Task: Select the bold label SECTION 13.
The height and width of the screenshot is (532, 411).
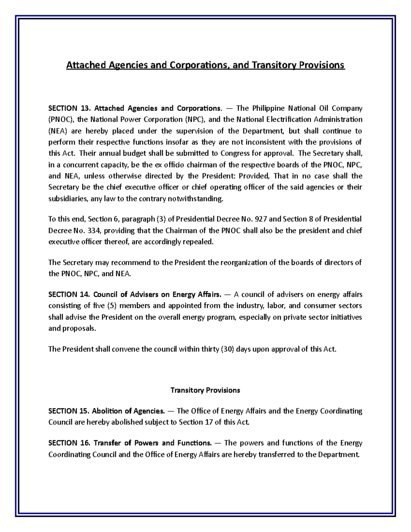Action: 68,109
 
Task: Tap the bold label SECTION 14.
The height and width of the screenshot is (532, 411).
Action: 68,295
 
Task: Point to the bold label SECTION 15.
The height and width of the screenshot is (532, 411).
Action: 68,411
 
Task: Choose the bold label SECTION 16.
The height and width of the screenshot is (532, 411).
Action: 68,443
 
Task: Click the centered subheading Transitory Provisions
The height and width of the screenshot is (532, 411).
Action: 205,390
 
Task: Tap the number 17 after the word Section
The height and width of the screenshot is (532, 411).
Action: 209,422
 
